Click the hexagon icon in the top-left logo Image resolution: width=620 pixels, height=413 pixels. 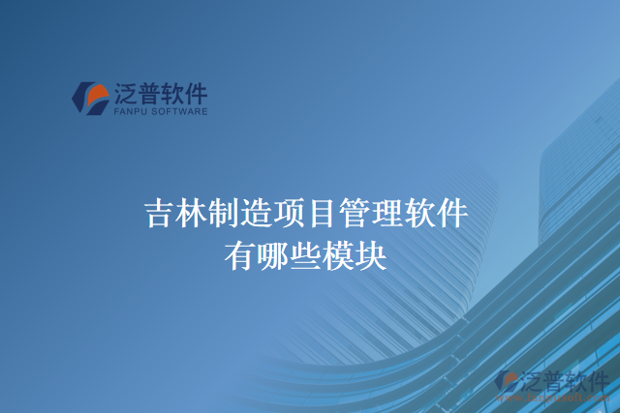[x=91, y=98]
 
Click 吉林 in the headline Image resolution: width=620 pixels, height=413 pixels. [x=175, y=213]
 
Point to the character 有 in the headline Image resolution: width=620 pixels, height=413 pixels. [x=240, y=255]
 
